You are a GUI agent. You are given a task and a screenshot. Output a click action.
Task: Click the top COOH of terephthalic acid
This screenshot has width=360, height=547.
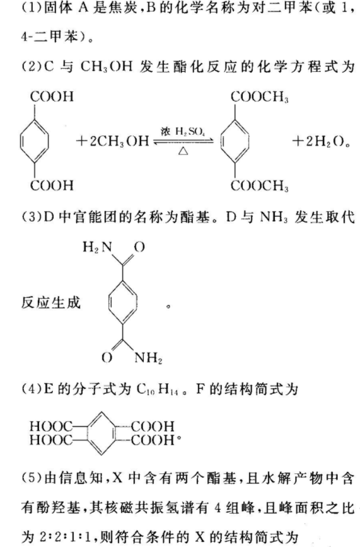(52, 97)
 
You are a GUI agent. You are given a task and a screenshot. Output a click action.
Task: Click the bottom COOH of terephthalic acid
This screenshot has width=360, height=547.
(52, 185)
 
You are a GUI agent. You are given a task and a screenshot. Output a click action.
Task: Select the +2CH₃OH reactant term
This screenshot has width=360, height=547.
(112, 141)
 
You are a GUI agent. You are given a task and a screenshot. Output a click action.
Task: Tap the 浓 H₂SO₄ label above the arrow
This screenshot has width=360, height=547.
(183, 132)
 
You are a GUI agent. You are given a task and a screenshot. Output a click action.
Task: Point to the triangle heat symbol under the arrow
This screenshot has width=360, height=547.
(183, 151)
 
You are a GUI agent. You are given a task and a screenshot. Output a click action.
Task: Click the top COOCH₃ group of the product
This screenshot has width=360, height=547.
(259, 97)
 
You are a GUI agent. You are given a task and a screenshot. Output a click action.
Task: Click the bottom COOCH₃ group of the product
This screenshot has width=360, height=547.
(259, 185)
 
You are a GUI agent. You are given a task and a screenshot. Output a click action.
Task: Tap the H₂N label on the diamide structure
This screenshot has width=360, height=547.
(98, 247)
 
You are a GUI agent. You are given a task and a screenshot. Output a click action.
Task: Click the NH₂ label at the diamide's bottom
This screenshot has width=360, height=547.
(148, 357)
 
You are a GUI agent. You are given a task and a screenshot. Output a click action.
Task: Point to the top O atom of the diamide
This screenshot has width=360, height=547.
(139, 247)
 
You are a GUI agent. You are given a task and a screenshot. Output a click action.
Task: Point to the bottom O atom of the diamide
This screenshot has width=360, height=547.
(107, 357)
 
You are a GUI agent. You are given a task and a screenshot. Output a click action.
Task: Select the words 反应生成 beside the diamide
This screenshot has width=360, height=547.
(51, 302)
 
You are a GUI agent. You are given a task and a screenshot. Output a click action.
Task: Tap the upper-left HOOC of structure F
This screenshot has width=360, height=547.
(50, 426)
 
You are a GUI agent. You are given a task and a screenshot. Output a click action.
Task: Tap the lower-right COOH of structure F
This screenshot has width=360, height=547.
(153, 439)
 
